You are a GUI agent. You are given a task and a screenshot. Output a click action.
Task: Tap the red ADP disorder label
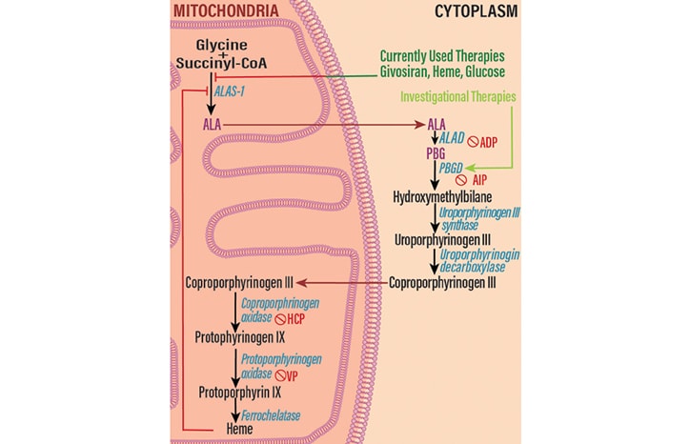point(489,141)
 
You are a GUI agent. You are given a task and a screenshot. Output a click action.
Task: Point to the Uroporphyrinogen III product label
point(440,240)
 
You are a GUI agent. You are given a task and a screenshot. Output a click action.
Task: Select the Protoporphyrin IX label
point(239,392)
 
